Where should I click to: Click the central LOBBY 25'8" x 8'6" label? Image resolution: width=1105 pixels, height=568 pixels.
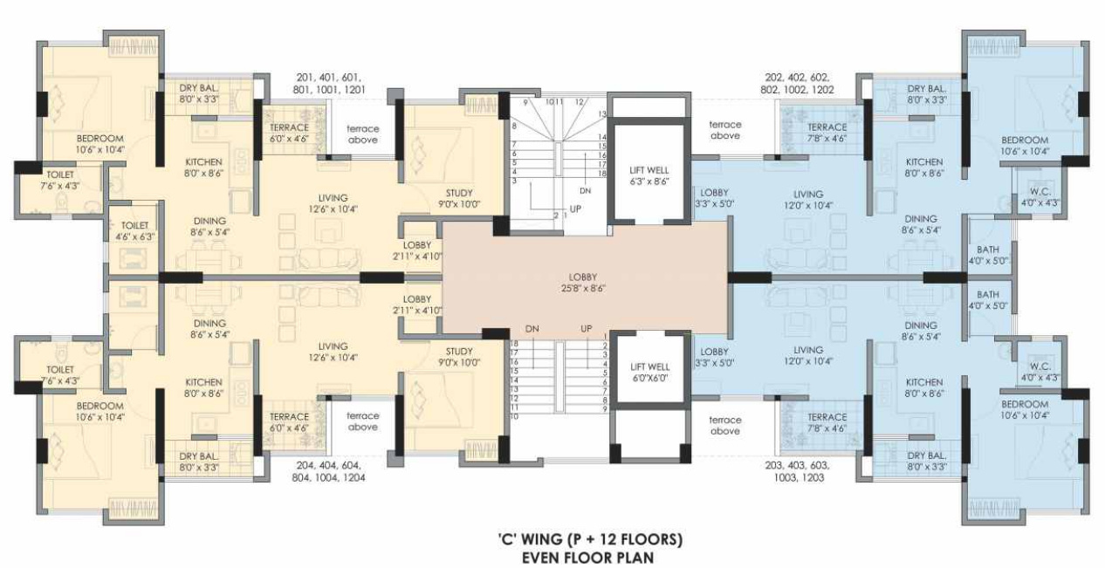tap(585, 281)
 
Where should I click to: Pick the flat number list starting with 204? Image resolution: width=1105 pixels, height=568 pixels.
tap(331, 471)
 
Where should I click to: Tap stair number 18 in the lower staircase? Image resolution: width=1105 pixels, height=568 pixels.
tap(514, 344)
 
